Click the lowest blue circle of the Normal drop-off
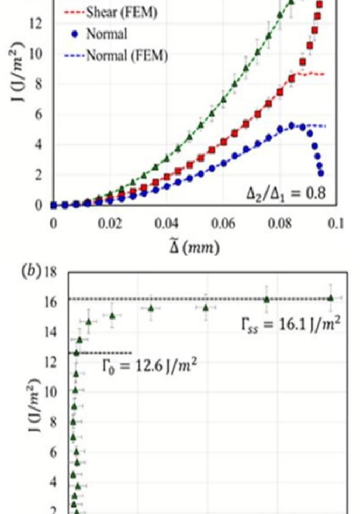coord(321,173)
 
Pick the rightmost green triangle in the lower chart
coord(330,298)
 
